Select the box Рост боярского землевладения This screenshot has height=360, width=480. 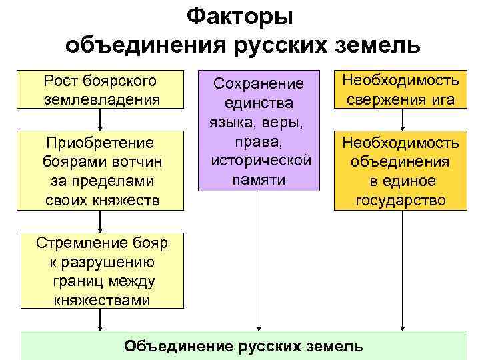click(100, 90)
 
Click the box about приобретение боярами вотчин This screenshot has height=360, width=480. click(100, 171)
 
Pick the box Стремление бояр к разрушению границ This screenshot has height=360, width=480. click(100, 271)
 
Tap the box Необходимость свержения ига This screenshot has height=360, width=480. click(400, 90)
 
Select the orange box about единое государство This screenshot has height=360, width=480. click(400, 171)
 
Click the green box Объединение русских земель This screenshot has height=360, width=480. click(244, 345)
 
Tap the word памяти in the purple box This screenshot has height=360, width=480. click(259, 180)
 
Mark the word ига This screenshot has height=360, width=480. click(442, 99)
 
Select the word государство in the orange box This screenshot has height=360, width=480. click(401, 200)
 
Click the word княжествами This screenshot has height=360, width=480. click(100, 300)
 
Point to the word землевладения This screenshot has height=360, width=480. click(100, 99)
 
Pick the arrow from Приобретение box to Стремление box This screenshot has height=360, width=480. click(100, 221)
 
